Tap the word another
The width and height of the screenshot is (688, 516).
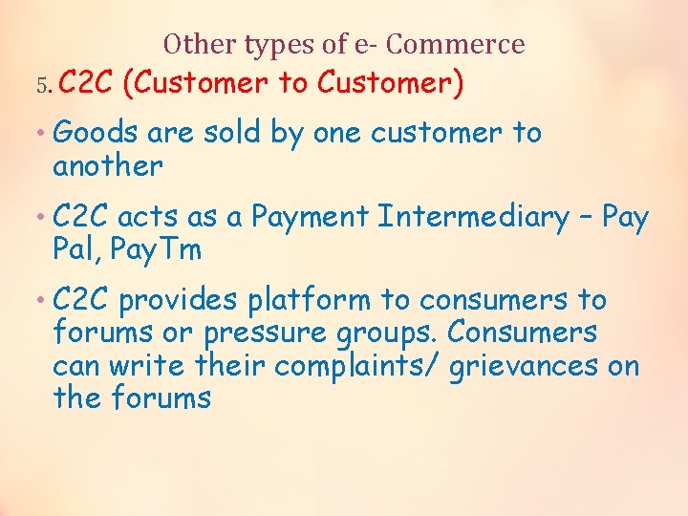108,166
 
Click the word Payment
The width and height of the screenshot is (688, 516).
310,217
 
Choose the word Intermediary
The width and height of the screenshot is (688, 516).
474,217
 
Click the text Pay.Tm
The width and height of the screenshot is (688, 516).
157,250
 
